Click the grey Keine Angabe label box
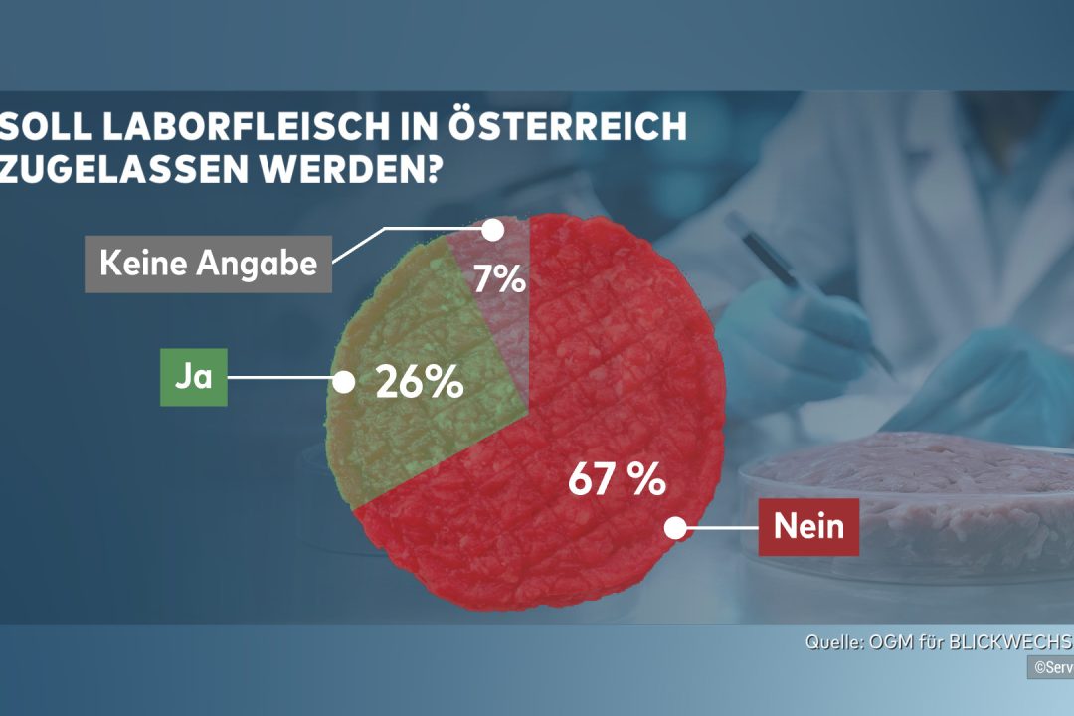coord(208,264)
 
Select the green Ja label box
coord(194,378)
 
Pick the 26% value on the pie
coord(419,382)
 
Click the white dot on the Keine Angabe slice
coord(491,229)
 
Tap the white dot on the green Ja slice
coord(344,381)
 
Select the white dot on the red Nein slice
coord(675,528)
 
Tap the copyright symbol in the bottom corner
coord(1038,668)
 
